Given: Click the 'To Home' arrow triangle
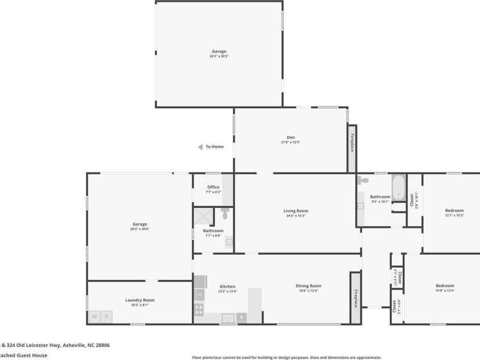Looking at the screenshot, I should pyautogui.click(x=200, y=147).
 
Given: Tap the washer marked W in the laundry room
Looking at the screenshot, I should pyautogui.click(x=94, y=316).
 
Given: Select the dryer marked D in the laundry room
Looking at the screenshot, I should pyautogui.click(x=106, y=316).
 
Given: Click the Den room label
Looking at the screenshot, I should pyautogui.click(x=290, y=137).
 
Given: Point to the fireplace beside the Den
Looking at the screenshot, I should pyautogui.click(x=352, y=149).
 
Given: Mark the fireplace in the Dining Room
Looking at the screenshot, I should pyautogui.click(x=355, y=298).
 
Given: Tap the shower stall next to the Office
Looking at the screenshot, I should pyautogui.click(x=203, y=215).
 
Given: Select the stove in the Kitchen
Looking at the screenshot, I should pyautogui.click(x=199, y=310).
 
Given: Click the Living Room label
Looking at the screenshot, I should pyautogui.click(x=296, y=211).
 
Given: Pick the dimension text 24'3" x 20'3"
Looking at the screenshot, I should pyautogui.click(x=219, y=56).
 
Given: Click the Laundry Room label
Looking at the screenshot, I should pyautogui.click(x=140, y=300).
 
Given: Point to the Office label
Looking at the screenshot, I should pyautogui.click(x=213, y=187).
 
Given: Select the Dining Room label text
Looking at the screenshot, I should pyautogui.click(x=308, y=286).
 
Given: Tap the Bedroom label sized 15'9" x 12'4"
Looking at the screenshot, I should pyautogui.click(x=445, y=286).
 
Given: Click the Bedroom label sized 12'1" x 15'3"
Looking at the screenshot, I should pyautogui.click(x=454, y=211).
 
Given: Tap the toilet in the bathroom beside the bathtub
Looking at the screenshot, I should pyautogui.click(x=363, y=181).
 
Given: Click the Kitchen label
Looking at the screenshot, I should pyautogui.click(x=227, y=287).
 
